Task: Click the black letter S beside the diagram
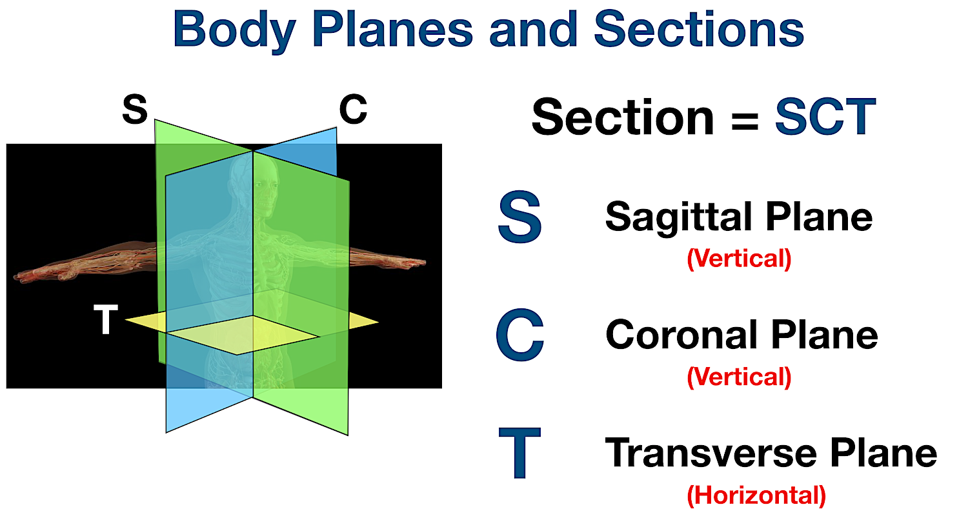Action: tap(134, 110)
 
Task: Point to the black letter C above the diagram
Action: tap(353, 110)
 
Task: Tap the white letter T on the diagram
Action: tap(106, 321)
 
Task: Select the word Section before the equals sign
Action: tap(622, 117)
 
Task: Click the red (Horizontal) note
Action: tap(756, 495)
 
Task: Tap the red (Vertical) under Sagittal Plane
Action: tap(739, 259)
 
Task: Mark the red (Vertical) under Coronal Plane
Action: tap(739, 376)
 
